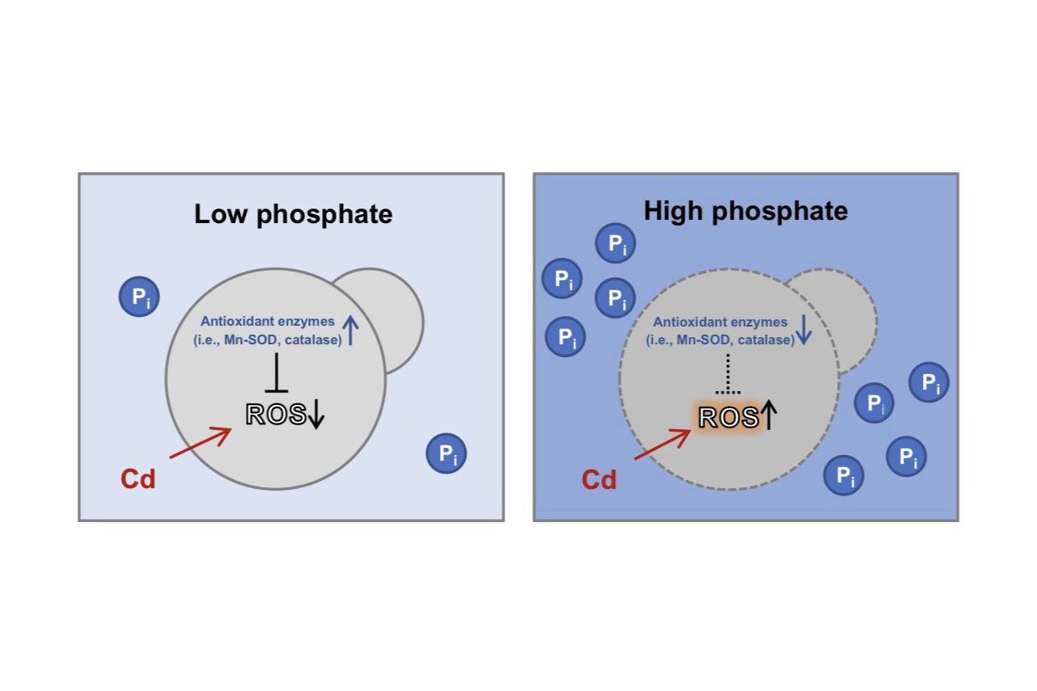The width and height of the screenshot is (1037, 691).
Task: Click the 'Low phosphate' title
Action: pyautogui.click(x=293, y=215)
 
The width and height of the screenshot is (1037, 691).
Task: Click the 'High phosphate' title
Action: pyautogui.click(x=746, y=212)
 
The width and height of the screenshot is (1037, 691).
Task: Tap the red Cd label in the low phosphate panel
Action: pyautogui.click(x=138, y=478)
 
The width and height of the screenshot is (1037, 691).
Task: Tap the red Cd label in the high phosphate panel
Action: pyautogui.click(x=599, y=479)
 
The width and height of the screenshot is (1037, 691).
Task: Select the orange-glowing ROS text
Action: pyautogui.click(x=729, y=418)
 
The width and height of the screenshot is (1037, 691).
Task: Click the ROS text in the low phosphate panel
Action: pyautogui.click(x=276, y=415)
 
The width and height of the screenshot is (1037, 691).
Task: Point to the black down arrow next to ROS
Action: pyautogui.click(x=316, y=414)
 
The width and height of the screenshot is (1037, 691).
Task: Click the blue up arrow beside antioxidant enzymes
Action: pyautogui.click(x=350, y=329)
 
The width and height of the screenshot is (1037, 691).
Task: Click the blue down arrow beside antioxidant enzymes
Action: pyautogui.click(x=804, y=329)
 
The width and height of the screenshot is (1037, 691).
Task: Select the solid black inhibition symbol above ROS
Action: pyautogui.click(x=277, y=373)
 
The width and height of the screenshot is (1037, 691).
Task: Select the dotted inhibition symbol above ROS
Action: pyautogui.click(x=728, y=373)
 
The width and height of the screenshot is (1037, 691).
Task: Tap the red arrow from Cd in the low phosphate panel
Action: pyautogui.click(x=201, y=443)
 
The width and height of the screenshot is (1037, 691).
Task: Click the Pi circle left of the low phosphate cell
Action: pyautogui.click(x=139, y=297)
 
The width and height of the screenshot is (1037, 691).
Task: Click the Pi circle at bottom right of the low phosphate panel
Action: pyautogui.click(x=447, y=453)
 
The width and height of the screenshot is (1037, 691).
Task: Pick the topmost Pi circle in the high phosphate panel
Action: pyautogui.click(x=616, y=242)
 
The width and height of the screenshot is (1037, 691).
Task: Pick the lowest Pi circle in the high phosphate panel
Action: pyautogui.click(x=844, y=475)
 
